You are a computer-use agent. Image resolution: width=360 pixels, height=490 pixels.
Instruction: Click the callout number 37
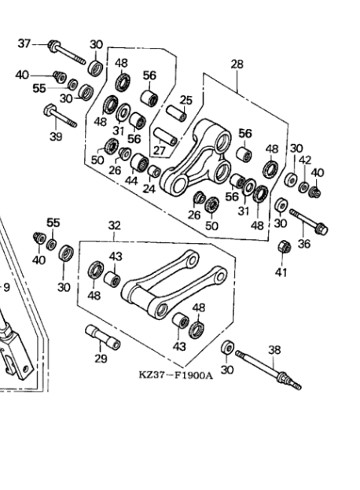(24, 43)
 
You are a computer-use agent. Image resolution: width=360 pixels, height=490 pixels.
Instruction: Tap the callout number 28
(237, 64)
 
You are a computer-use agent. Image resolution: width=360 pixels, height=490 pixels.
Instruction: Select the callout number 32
(115, 225)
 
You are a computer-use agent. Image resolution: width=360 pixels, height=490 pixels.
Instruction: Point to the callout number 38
(274, 350)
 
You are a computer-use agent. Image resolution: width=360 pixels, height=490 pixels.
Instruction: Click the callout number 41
(281, 273)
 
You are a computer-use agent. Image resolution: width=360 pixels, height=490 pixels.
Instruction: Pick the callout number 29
(101, 359)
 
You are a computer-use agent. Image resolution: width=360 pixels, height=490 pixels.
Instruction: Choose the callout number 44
(131, 181)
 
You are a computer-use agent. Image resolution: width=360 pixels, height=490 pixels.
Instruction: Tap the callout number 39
(57, 136)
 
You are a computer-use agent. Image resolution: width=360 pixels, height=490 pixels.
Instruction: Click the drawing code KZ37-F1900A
(176, 374)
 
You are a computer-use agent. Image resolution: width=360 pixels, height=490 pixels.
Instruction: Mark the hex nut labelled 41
(284, 247)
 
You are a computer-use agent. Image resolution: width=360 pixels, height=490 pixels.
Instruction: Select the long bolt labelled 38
(268, 370)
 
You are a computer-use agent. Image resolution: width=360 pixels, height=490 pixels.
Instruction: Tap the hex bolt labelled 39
(61, 116)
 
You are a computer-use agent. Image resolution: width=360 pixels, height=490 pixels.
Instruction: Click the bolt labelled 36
(308, 222)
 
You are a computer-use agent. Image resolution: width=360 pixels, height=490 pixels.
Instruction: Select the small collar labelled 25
(176, 113)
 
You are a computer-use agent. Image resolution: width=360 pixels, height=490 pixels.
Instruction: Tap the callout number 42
(305, 160)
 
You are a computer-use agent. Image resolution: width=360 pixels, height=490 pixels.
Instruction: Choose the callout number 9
(6, 287)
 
